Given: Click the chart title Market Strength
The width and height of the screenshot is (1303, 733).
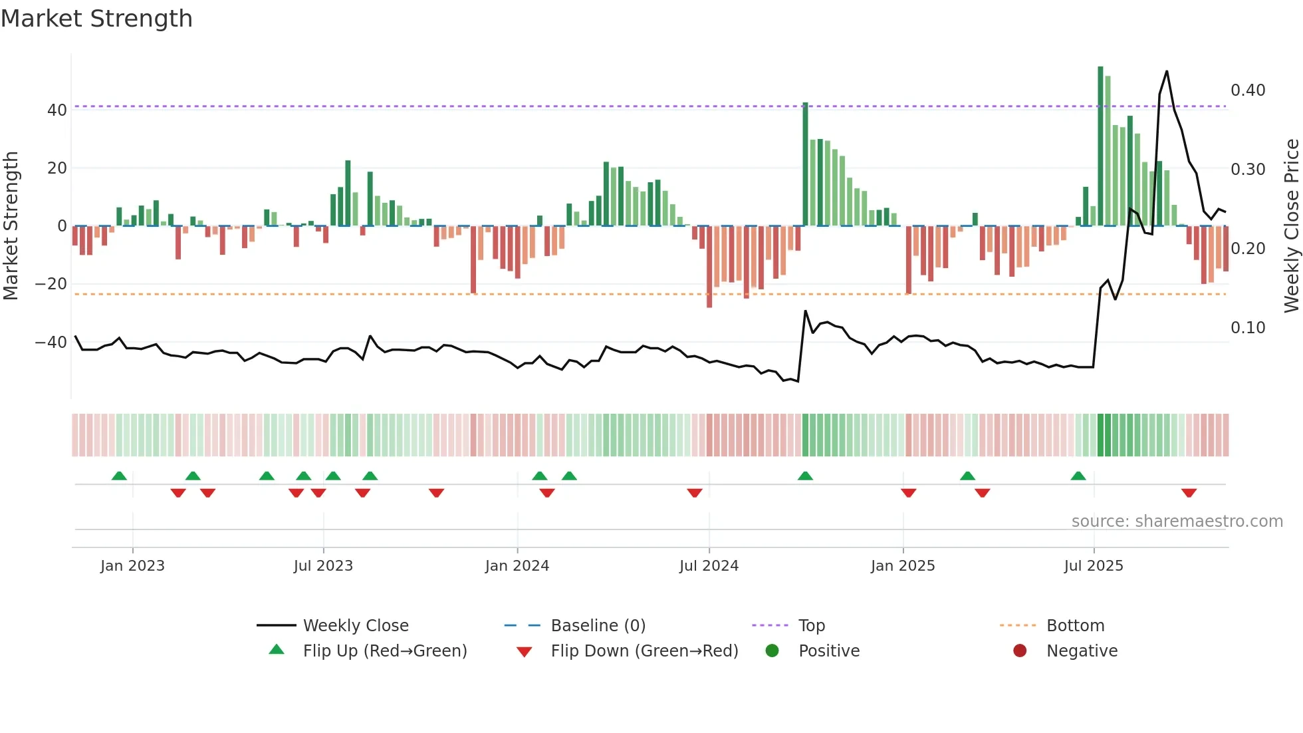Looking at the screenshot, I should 96,19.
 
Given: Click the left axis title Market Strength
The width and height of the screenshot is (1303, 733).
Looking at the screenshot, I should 11,225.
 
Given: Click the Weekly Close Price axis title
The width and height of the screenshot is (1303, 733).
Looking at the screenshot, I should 1291,225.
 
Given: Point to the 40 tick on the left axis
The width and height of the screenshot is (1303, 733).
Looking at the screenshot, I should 57,110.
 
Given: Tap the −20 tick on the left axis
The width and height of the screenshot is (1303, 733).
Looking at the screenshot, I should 51,284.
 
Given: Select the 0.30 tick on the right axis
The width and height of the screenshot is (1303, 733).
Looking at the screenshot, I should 1247,170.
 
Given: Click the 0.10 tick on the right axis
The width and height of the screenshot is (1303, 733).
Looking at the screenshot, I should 1247,328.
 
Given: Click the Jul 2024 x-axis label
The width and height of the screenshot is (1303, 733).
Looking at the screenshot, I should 709,566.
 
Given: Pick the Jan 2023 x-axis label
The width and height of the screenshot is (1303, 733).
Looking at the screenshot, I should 132,566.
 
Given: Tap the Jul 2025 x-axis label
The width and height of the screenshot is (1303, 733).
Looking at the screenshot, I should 1094,566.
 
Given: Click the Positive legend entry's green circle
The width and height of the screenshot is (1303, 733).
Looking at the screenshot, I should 772,651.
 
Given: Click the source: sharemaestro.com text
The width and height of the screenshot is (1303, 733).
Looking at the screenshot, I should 1177,521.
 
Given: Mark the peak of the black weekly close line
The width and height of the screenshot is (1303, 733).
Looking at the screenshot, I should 1167,71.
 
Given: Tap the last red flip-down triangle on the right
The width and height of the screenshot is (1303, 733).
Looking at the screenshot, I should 1189,493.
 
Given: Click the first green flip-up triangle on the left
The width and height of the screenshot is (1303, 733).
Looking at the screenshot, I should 119,476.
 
